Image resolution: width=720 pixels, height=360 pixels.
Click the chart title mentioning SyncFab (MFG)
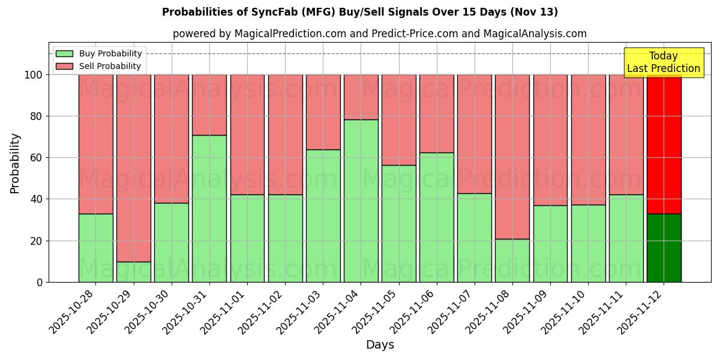(360, 12)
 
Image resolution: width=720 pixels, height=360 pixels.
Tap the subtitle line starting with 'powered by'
(379, 34)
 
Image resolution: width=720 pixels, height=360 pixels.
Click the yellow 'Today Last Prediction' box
(664, 62)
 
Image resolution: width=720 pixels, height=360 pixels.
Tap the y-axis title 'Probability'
(15, 163)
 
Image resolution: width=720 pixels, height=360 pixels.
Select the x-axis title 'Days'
(380, 344)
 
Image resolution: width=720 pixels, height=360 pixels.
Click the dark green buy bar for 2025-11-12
(664, 248)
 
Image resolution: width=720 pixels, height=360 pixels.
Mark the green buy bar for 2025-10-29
(134, 272)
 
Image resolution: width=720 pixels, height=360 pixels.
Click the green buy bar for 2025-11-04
(361, 201)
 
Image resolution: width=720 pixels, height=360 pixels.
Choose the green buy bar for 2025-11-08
(512, 260)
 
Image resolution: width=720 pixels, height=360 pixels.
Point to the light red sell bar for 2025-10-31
(209, 105)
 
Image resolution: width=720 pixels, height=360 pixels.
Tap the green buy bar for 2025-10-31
(209, 209)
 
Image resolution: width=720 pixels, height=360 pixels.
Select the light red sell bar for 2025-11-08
(512, 157)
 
